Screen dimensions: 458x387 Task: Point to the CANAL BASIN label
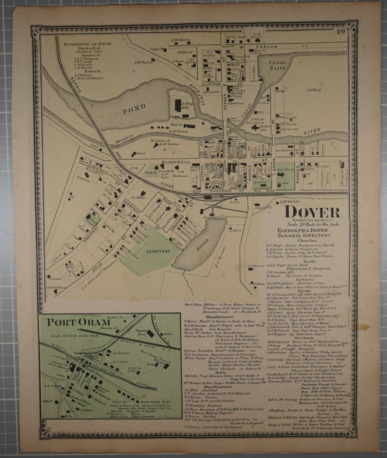click(x=277, y=65)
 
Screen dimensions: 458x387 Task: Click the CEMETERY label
click(x=158, y=251)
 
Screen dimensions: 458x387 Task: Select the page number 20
click(x=341, y=33)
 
